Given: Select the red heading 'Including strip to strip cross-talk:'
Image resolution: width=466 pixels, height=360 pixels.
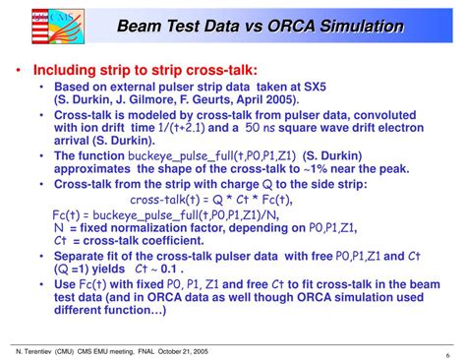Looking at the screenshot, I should [x=146, y=71].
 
